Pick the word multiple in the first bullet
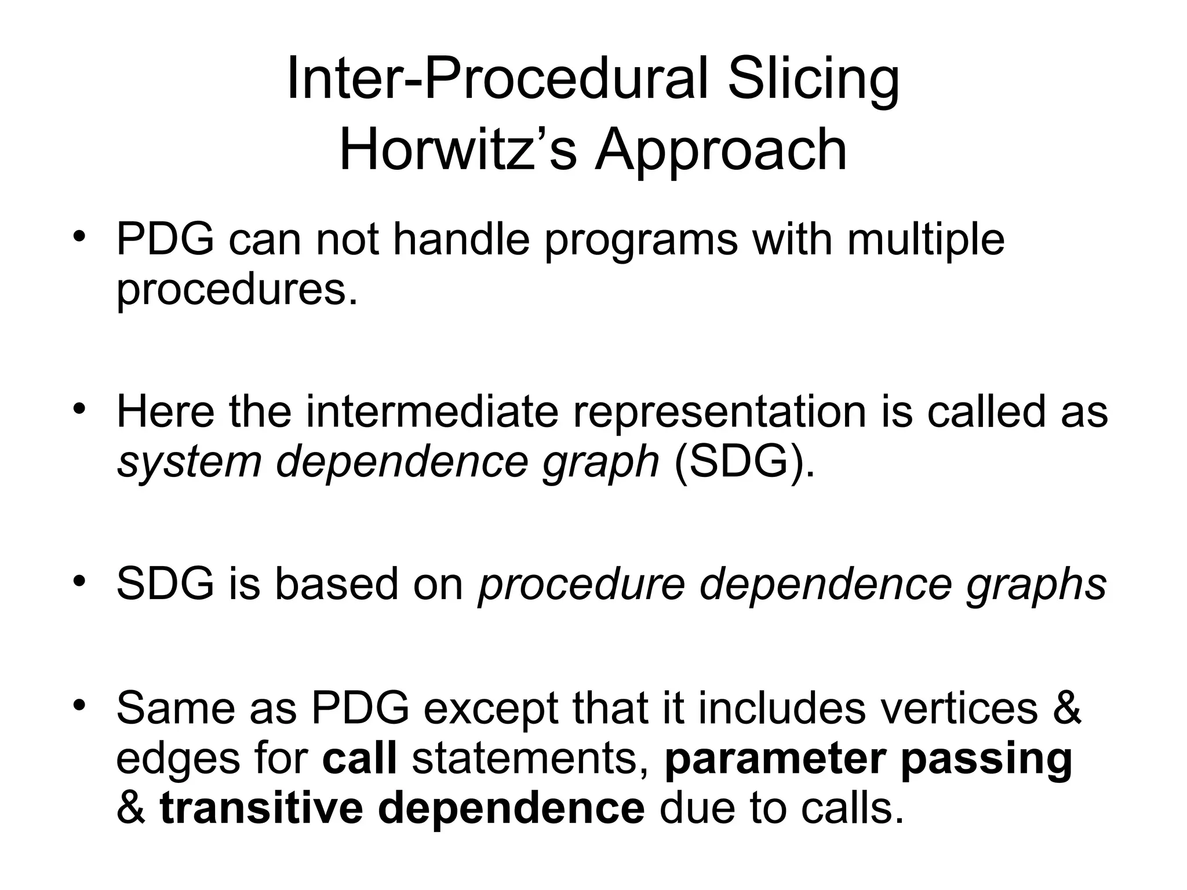pyautogui.click(x=926, y=241)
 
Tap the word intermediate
pyautogui.click(x=432, y=411)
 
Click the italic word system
pyautogui.click(x=188, y=463)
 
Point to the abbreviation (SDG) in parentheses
pyautogui.click(x=744, y=462)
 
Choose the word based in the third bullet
pyautogui.click(x=338, y=583)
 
